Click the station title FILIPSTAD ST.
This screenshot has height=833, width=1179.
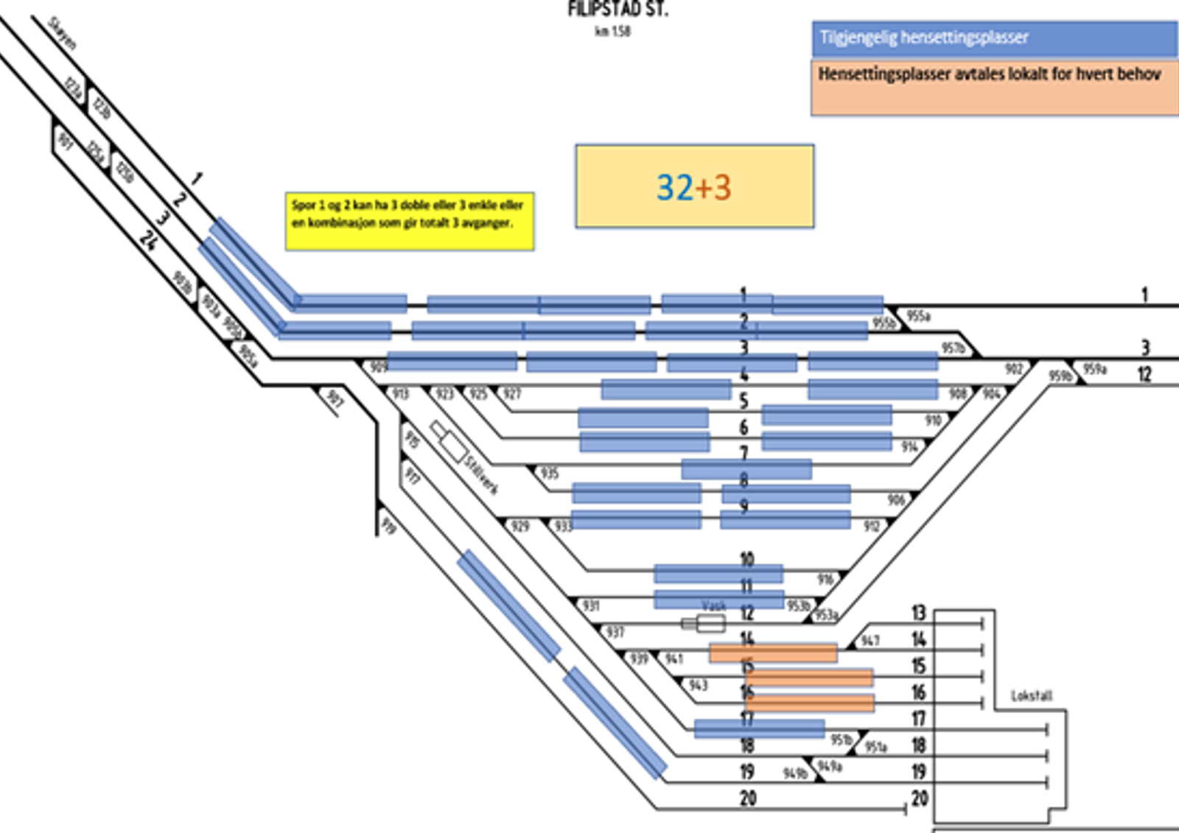pos(618,10)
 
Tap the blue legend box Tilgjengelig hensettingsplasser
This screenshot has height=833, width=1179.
pos(994,38)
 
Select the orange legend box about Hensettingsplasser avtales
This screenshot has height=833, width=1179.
pos(994,87)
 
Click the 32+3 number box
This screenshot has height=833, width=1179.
pos(694,186)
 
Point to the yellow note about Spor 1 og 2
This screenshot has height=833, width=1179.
pos(409,221)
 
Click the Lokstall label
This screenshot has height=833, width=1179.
pos(1032,695)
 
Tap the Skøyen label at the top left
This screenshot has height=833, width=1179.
pos(62,33)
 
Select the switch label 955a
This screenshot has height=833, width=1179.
pos(918,316)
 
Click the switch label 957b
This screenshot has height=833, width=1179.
pos(953,348)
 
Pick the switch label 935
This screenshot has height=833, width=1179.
pos(550,473)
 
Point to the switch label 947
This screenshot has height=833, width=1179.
pos(870,641)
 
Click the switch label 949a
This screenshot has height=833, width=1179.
pos(830,767)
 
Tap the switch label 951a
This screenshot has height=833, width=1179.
pos(875,747)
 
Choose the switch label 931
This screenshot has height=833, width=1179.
pos(591,605)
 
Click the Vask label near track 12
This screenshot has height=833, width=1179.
pos(713,605)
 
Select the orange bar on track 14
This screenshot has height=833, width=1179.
pos(773,653)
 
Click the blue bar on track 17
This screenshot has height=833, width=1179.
pos(759,728)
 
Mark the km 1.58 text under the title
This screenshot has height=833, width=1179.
pos(612,31)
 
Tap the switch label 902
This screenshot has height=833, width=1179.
pos(1014,369)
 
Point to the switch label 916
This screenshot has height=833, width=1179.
pos(825,580)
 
